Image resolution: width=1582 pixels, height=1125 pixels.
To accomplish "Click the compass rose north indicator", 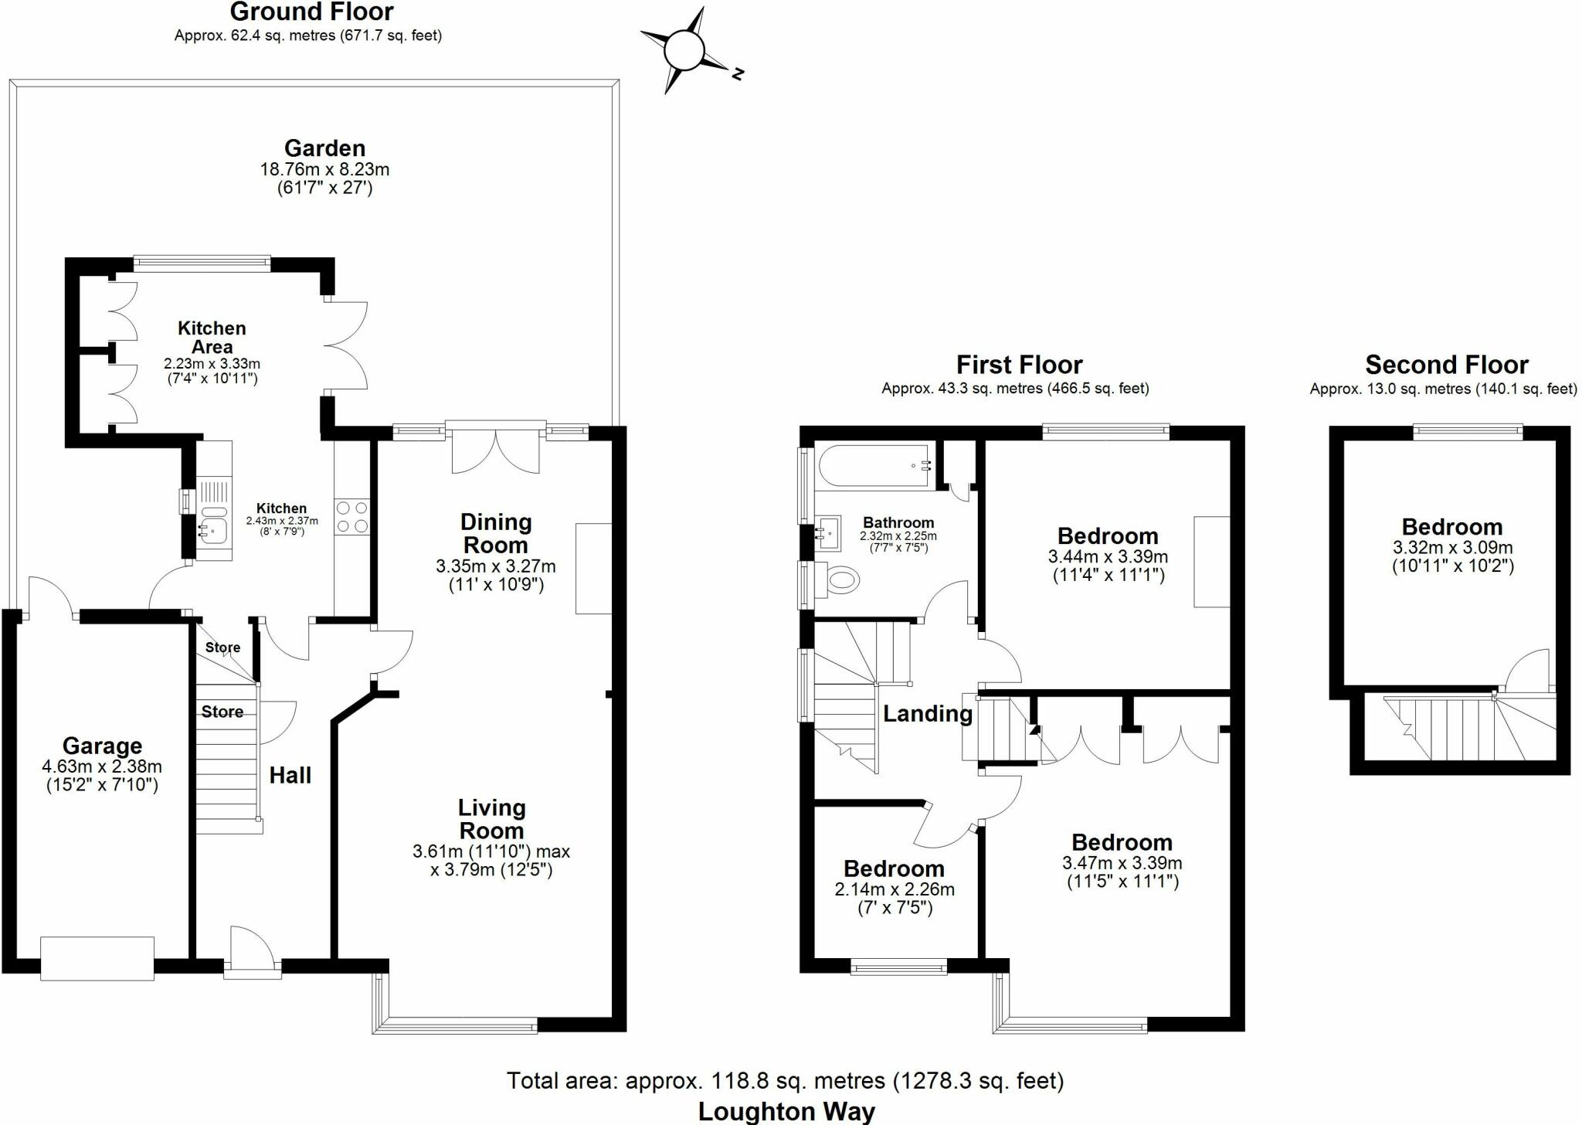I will (737, 74).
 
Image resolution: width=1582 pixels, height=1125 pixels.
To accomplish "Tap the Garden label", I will (324, 148).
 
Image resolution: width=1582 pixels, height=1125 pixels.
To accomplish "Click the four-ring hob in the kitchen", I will (351, 516).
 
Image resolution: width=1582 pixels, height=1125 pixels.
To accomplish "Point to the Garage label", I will (102, 746).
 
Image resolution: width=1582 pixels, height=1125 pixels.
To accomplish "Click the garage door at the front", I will (97, 958).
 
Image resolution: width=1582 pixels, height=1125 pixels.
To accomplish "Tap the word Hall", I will (290, 775).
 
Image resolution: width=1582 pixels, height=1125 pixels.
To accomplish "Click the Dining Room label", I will (496, 533).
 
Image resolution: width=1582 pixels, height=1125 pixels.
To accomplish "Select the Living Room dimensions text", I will (491, 861).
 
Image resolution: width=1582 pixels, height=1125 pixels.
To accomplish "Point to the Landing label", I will (927, 713).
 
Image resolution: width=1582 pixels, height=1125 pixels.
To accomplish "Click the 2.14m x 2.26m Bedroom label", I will (894, 868).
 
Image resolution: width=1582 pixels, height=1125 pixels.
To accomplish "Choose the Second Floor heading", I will (1446, 364).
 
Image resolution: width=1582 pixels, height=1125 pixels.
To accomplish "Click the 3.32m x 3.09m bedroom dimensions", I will (1452, 557).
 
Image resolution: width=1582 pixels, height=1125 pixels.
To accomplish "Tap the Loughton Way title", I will (786, 1111).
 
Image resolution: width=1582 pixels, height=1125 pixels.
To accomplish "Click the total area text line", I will (785, 1080).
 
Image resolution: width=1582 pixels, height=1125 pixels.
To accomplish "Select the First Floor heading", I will (1019, 364).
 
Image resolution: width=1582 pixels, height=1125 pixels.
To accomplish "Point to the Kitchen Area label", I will (212, 338).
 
